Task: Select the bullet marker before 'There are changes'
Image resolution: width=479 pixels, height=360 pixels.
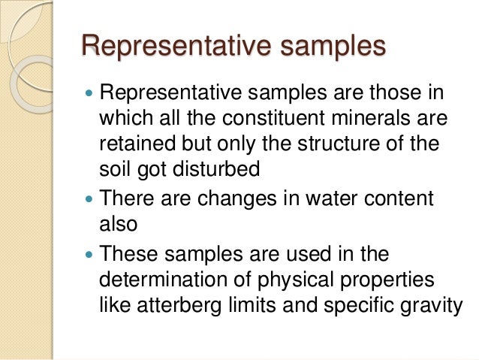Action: (x=89, y=201)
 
